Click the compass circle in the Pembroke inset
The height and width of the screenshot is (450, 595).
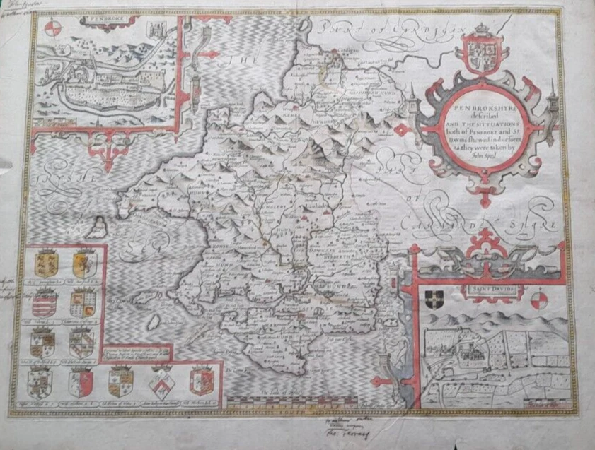point(51,29)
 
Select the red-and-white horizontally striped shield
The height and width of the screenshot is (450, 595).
point(44,303)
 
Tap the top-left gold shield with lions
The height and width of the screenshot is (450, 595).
point(44,264)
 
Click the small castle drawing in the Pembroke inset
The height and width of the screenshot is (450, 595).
point(157,32)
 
